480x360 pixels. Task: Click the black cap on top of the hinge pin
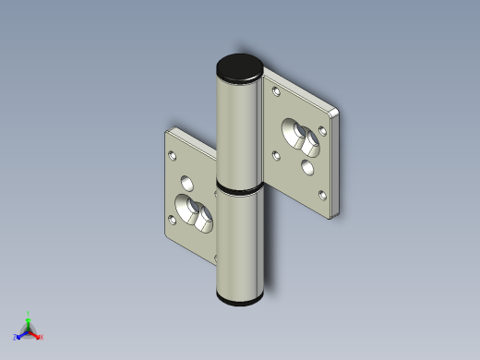tap(239, 67)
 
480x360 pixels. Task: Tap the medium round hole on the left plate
tap(188, 180)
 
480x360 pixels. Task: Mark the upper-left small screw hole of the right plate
tap(274, 89)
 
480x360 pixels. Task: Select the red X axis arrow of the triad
tap(36, 335)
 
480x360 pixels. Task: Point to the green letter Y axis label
tap(29, 313)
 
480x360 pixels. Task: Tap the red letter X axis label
tap(42, 338)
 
